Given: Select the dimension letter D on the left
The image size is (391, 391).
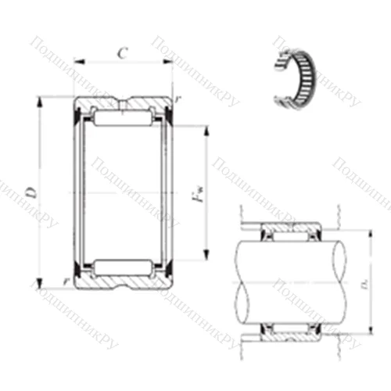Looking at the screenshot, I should pos(30,191).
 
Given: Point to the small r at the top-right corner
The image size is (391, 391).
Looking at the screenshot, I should pos(178,100).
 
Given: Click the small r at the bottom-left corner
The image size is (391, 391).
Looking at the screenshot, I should pos(65,281).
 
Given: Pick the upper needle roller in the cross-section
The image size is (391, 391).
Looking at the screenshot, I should pos(123,117).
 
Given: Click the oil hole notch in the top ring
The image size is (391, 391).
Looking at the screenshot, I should pos(123,100).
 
